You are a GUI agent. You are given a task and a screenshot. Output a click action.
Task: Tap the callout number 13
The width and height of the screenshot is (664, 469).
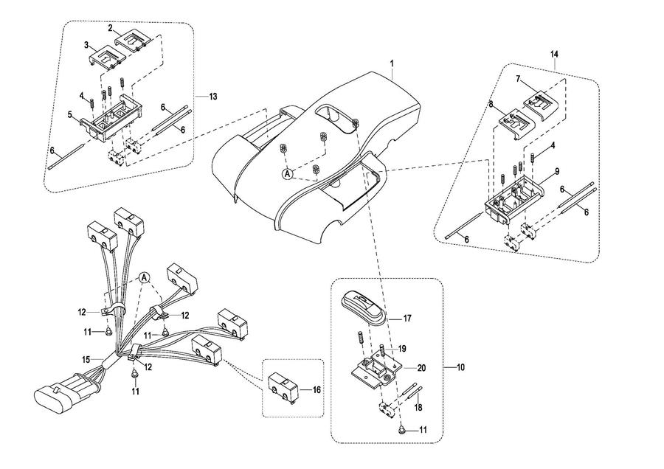pyautogui.click(x=213, y=96)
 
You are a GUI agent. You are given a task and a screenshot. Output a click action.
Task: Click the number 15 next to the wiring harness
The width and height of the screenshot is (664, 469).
pyautogui.click(x=86, y=360)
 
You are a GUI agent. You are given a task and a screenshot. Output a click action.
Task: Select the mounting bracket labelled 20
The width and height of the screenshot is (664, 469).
pyautogui.click(x=378, y=369)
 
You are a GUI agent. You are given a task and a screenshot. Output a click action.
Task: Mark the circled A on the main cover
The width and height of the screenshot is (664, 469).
pyautogui.click(x=288, y=173)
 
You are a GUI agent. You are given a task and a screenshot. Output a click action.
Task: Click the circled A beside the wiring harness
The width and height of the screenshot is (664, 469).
pyautogui.click(x=144, y=277)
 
